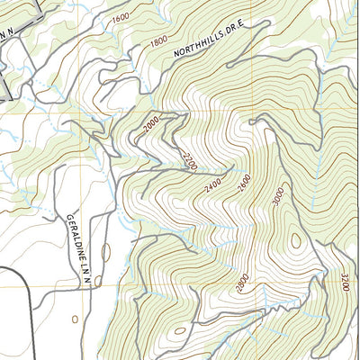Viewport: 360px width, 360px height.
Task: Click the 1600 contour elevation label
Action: pos(120,17)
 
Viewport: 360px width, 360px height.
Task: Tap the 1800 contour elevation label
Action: pos(159,40)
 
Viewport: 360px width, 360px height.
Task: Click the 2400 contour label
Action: pos(213,186)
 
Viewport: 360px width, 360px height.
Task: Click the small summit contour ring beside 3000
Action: pos(294,240)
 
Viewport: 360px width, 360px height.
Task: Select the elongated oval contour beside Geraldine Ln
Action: pos(105,253)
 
